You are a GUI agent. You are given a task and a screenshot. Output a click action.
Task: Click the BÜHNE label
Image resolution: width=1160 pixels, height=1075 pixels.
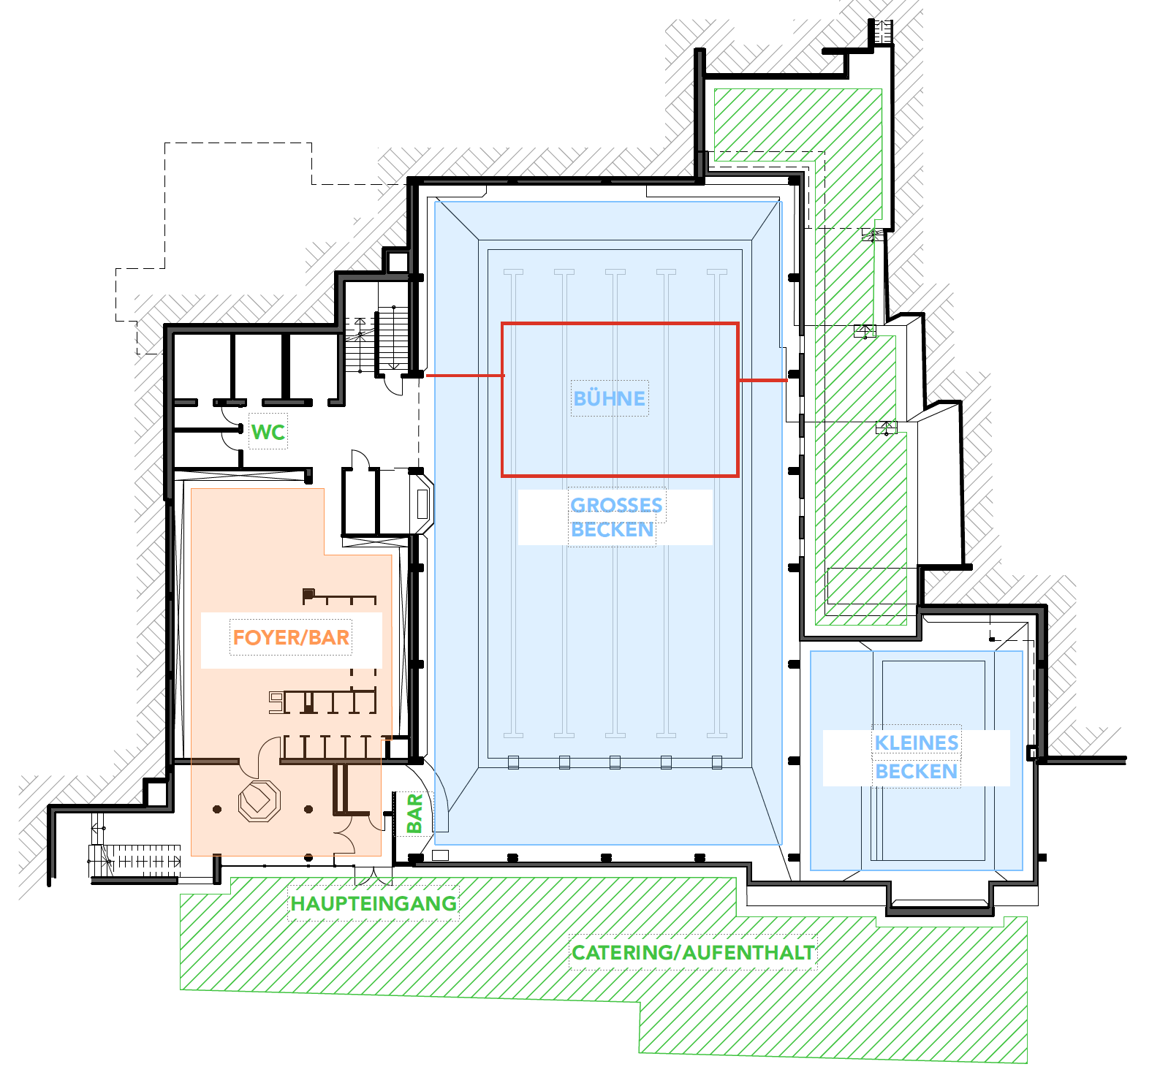pos(610,398)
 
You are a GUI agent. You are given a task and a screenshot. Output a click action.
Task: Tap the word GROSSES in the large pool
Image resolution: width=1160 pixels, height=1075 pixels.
pos(616,505)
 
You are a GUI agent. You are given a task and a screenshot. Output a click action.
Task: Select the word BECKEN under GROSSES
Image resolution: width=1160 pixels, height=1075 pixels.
pos(613,529)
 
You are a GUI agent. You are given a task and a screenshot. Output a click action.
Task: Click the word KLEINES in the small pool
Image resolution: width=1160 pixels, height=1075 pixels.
pos(917,742)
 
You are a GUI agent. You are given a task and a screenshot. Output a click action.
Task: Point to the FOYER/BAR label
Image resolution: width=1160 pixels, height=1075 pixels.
pos(291,637)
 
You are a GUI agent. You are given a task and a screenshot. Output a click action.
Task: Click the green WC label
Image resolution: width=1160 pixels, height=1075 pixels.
pos(268,432)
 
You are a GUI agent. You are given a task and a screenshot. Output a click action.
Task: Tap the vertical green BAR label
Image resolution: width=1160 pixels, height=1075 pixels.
pos(414,813)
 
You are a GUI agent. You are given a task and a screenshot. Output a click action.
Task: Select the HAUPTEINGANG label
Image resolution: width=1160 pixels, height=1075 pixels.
pos(374,903)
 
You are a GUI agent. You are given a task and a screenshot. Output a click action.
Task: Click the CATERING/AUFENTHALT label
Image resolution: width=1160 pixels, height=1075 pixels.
pos(693,952)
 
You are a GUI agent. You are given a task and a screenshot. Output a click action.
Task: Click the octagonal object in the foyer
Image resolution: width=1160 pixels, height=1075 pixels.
pos(259,801)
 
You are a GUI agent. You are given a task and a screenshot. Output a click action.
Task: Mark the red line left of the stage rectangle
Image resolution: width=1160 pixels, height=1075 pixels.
pos(465,376)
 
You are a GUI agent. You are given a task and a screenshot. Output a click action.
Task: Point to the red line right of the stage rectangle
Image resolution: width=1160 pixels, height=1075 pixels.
pos(762,380)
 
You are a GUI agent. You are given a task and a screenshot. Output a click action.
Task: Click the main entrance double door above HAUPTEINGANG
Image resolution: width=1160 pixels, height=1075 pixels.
pos(374,875)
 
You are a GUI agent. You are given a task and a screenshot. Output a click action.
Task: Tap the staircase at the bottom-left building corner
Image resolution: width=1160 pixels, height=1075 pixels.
pos(135,859)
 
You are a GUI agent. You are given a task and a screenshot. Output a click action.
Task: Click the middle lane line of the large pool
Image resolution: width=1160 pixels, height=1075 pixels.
pos(615,503)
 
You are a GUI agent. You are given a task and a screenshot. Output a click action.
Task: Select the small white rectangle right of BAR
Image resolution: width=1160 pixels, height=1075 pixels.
pos(441,855)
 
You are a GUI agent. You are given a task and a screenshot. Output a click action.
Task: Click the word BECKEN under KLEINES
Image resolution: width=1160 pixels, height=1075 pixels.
pos(917,771)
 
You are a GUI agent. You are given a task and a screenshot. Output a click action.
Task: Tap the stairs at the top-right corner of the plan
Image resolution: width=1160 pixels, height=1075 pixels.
pos(881,32)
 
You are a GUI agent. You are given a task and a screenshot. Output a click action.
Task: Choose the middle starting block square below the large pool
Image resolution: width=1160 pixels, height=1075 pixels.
pos(615,762)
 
